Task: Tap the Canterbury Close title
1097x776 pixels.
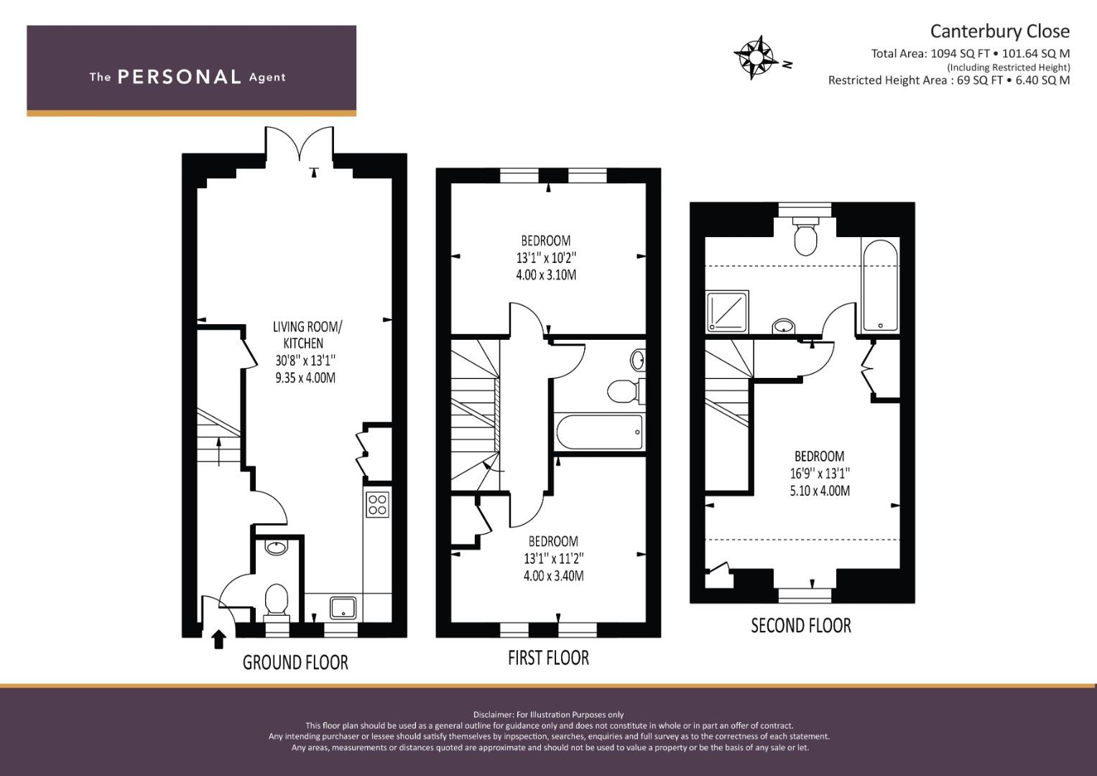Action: coord(999,32)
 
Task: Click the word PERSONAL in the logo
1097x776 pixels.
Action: coord(180,77)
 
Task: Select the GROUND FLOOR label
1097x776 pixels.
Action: coord(295,662)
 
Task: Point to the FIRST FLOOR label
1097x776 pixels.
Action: coord(549,658)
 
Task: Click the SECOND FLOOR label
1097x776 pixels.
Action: coord(801,626)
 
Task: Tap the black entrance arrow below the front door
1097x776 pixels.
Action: coord(218,639)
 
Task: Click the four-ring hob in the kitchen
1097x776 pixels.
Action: coord(378,504)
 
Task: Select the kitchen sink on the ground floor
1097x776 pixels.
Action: coord(343,607)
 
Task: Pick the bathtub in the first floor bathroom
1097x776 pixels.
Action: coord(599,432)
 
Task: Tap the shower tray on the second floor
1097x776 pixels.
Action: coord(727,311)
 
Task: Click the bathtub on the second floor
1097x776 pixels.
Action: coord(881,286)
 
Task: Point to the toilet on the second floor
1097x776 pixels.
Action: coord(805,236)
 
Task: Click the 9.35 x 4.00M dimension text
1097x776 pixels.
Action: coord(305,378)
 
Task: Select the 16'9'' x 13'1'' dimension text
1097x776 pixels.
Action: coord(820,474)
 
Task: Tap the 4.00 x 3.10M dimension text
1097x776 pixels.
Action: coord(546,274)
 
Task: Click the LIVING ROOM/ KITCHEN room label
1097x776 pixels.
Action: coord(307,335)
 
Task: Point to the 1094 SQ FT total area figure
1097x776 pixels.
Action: coord(961,54)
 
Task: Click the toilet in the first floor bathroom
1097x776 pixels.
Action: coord(626,391)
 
